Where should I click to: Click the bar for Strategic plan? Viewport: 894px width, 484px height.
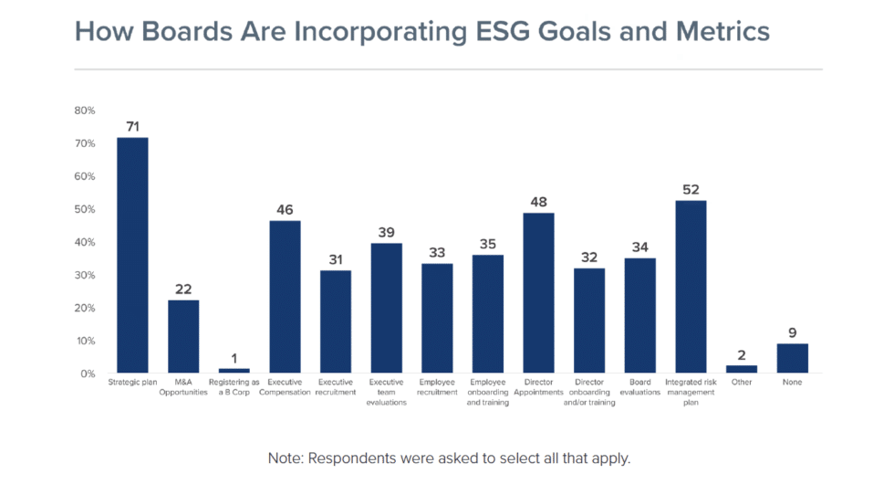tap(132, 255)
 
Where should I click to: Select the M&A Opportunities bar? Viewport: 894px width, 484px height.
tap(183, 336)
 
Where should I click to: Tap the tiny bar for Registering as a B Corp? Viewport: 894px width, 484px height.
tap(234, 370)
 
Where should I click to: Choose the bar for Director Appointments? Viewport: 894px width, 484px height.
tap(538, 292)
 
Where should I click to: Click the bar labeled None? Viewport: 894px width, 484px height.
tap(792, 358)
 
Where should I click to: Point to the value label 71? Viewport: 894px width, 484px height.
tap(132, 126)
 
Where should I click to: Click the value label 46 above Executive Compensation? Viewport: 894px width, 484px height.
tap(285, 209)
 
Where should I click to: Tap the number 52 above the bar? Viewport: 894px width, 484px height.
tap(691, 189)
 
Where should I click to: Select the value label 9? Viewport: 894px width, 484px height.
tap(792, 332)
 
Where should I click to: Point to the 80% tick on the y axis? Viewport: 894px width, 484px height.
tap(85, 110)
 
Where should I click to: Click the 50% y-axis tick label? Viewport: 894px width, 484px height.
tap(85, 209)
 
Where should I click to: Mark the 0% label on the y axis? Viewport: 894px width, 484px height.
tap(88, 374)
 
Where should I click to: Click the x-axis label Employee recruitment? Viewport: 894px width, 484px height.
tap(438, 386)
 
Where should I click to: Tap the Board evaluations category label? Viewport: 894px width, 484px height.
tap(639, 386)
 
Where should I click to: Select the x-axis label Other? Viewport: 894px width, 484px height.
tap(742, 382)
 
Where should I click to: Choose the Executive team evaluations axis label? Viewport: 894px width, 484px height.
tap(387, 392)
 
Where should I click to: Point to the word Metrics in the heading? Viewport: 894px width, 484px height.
tap(721, 32)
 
